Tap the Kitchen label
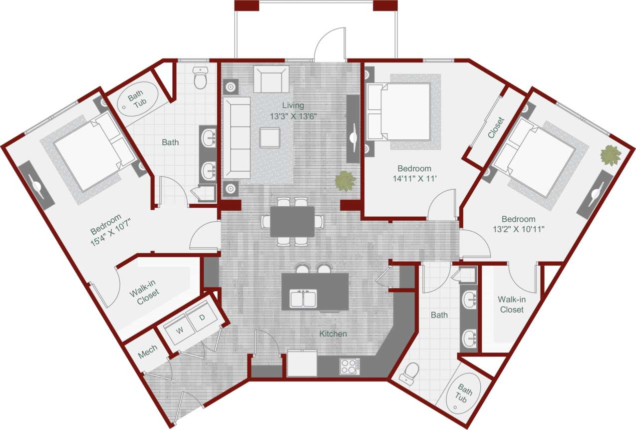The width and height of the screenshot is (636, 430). (333, 333)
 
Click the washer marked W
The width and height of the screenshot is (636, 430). (179, 330)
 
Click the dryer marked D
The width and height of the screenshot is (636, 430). (202, 317)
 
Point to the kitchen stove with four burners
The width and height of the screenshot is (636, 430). (350, 366)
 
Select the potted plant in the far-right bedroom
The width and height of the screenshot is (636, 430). (610, 155)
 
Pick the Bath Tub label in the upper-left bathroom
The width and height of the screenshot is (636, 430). (135, 101)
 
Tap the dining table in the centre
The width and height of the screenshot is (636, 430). (293, 221)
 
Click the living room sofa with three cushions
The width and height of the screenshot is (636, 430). (237, 138)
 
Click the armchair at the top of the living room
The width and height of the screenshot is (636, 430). (271, 79)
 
